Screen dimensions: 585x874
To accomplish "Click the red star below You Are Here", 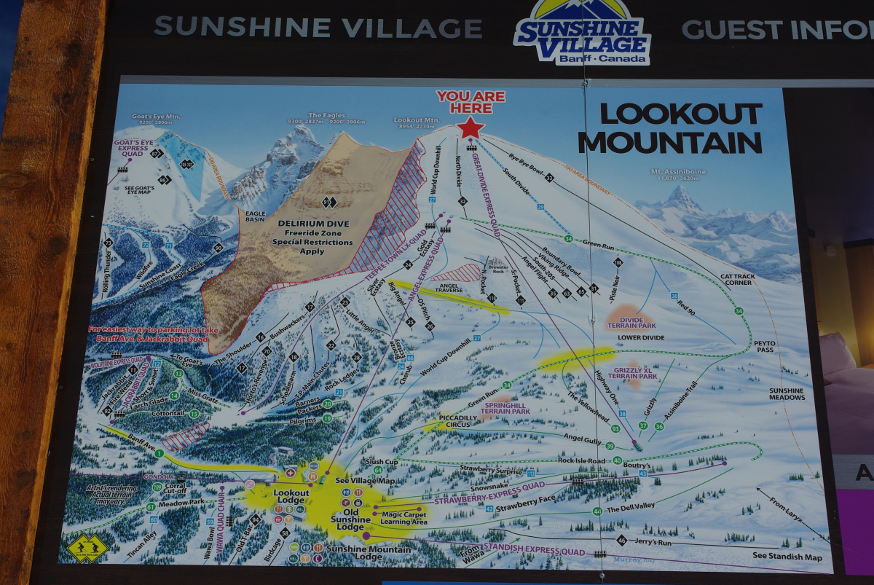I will (471, 127).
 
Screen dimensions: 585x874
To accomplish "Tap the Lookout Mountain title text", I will (670, 127).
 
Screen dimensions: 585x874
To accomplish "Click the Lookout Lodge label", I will (291, 497).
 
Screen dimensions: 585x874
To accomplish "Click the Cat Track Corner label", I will (736, 278).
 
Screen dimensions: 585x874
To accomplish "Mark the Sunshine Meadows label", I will (787, 394).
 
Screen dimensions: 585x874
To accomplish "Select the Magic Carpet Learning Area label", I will (404, 518).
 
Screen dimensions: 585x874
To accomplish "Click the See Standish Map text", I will (787, 557).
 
